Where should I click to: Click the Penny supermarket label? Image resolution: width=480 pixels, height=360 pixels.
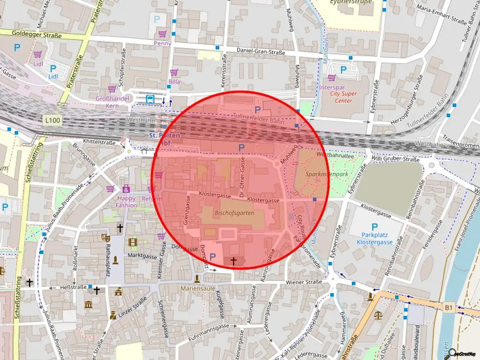click(163, 44)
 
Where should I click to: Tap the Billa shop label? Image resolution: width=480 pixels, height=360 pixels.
click(174, 82)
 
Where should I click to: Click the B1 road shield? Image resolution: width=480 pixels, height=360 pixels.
click(449, 307)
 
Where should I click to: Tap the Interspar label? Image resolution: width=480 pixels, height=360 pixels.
click(331, 87)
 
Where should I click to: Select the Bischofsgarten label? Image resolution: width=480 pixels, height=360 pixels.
click(234, 213)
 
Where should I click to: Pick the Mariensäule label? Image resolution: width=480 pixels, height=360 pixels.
click(197, 288)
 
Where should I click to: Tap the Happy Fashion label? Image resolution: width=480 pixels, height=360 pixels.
click(126, 202)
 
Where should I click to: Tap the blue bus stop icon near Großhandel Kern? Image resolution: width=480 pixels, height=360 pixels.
click(150, 99)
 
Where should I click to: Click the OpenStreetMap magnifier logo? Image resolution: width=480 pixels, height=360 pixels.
click(453, 354)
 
